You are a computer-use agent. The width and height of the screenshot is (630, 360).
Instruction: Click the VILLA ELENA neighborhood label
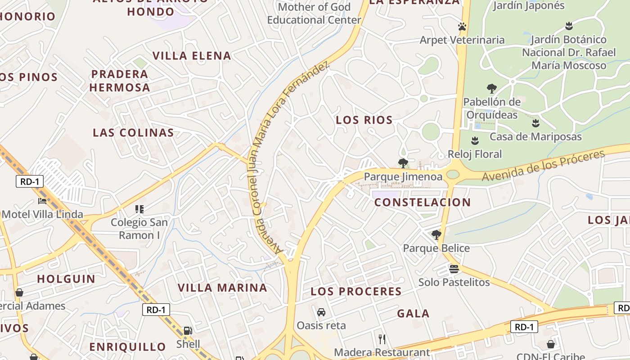click(x=192, y=56)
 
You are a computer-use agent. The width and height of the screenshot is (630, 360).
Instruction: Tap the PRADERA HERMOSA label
click(x=120, y=81)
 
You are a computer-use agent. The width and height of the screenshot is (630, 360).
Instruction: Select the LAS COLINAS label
click(x=133, y=132)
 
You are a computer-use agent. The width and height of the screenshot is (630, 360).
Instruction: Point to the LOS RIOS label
click(x=364, y=120)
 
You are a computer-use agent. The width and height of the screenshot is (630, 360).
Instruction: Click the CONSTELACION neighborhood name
click(x=423, y=202)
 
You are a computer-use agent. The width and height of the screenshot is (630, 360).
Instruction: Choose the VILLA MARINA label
click(x=222, y=288)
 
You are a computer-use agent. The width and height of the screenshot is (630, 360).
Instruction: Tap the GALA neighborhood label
click(x=413, y=314)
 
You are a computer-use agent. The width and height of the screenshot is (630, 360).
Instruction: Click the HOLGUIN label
click(x=66, y=279)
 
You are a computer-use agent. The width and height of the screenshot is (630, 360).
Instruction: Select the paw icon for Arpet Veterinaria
click(x=462, y=27)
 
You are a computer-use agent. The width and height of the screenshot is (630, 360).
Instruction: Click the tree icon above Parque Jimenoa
click(x=403, y=163)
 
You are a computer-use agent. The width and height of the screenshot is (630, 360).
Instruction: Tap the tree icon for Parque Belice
click(x=436, y=234)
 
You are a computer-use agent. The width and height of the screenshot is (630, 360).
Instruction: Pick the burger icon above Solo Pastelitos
click(x=454, y=269)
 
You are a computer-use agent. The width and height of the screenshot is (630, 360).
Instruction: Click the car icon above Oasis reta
click(x=321, y=312)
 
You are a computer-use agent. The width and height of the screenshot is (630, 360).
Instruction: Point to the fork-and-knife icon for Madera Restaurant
click(x=382, y=339)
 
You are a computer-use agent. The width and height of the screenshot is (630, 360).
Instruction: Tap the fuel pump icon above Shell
click(x=188, y=331)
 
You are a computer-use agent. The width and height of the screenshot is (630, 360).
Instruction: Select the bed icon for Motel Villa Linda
click(x=42, y=201)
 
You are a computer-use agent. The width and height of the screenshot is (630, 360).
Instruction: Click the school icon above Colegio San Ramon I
click(x=139, y=209)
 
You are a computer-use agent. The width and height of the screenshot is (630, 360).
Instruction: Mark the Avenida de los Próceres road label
click(x=543, y=166)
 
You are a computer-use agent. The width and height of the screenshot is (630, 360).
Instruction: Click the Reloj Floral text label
click(x=474, y=154)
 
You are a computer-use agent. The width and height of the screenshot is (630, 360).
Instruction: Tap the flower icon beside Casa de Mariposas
click(x=535, y=123)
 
